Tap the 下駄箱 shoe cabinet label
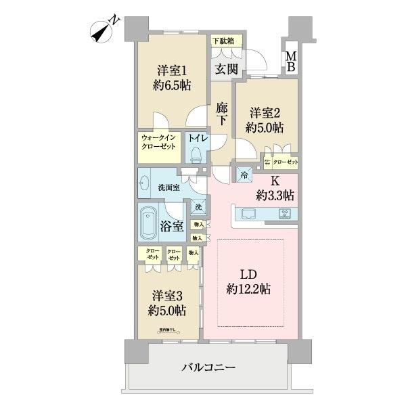point(224,41)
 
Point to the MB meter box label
point(290,62)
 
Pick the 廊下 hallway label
point(223,114)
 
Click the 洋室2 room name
point(265,113)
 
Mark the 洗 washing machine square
point(198,207)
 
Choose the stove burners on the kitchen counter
point(285,215)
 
